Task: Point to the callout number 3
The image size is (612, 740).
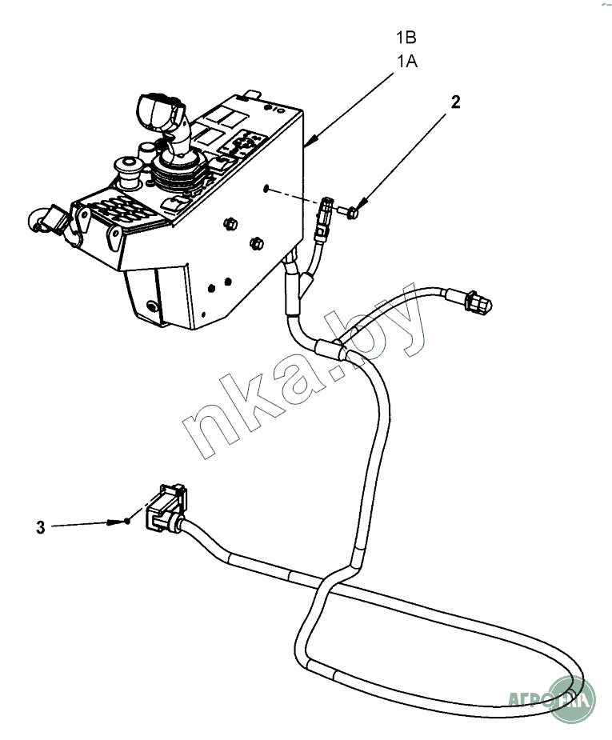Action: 40,527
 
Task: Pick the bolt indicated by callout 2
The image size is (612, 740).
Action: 350,212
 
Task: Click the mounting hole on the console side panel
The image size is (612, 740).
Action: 265,189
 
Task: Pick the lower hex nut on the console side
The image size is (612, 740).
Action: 257,242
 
